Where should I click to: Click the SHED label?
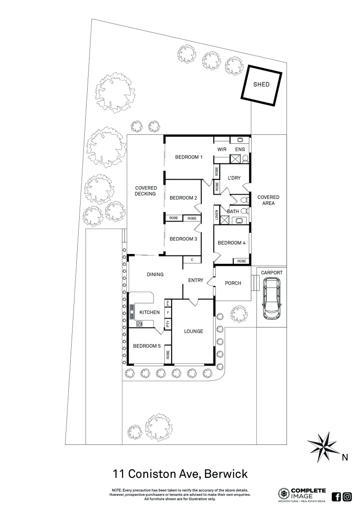[x=261, y=85]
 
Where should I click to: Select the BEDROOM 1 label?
[x=188, y=157]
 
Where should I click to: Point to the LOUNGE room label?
[x=194, y=331]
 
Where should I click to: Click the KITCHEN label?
[x=149, y=312]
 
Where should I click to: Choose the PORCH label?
[x=233, y=283]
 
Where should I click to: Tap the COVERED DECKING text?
[x=146, y=191]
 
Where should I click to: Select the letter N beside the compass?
[x=344, y=457]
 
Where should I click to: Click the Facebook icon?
[x=336, y=496]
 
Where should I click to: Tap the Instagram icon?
[x=347, y=496]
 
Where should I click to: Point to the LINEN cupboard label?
[x=217, y=214]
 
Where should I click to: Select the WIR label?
[x=222, y=149]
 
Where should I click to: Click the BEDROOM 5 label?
[x=147, y=346]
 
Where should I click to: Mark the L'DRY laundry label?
[x=234, y=178]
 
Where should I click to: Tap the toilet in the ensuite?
[x=245, y=158]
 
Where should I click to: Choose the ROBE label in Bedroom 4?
[x=241, y=261]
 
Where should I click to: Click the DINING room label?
[x=155, y=275]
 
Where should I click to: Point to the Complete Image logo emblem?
[x=284, y=494]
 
